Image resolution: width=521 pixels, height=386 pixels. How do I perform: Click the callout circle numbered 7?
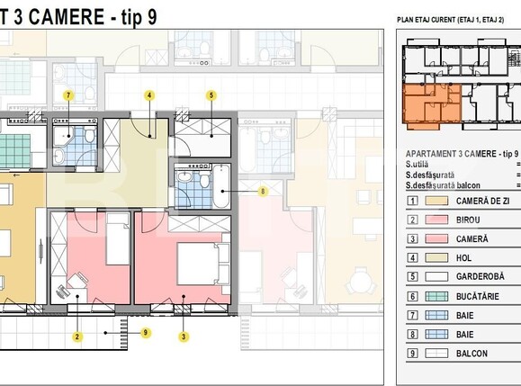(67, 94)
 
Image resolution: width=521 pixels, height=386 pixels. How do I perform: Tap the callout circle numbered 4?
(149, 94)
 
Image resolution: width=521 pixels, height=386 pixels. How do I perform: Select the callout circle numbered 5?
(211, 94)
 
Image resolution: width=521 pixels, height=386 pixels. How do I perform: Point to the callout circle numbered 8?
(263, 191)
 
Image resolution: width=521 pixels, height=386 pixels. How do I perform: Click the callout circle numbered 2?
(77, 337)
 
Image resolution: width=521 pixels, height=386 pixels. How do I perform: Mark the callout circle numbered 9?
(147, 333)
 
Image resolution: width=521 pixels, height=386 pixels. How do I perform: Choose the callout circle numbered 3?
(184, 337)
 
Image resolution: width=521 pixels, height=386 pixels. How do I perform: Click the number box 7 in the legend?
(412, 315)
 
